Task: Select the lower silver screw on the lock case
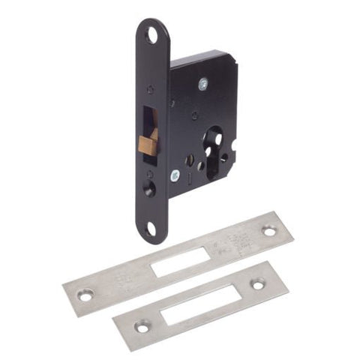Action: pos(173,175)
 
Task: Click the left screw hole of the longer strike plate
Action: pos(85,295)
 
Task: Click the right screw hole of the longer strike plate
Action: pos(269,231)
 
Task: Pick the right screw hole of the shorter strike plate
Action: pos(258,284)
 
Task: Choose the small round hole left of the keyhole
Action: pos(190,159)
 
